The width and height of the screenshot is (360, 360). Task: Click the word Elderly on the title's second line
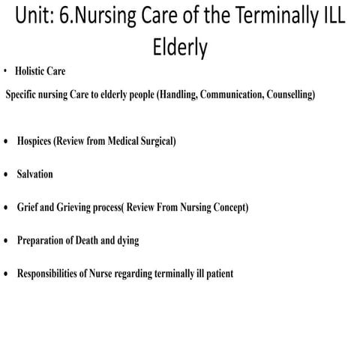pos(179,47)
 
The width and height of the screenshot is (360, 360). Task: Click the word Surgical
pos(155,141)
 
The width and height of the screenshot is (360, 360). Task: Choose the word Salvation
pos(34,174)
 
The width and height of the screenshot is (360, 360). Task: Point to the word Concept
pos(227,207)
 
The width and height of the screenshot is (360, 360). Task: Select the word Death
pos(96,240)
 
